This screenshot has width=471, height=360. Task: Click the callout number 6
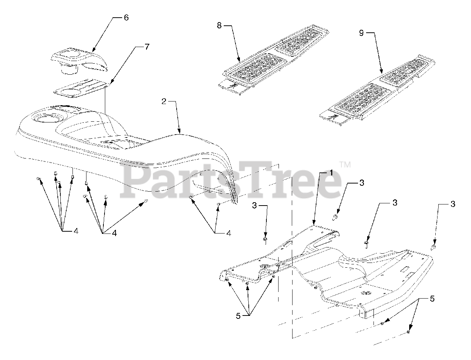[x=126, y=18]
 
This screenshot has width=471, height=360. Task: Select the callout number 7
[x=147, y=47]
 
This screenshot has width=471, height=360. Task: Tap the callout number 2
[x=164, y=101]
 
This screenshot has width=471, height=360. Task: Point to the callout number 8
[x=219, y=25]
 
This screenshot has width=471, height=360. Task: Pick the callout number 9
[x=361, y=33]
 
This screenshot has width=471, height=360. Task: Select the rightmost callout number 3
[x=453, y=204]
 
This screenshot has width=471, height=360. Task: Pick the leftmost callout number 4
[x=75, y=231]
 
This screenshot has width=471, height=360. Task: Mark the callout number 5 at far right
[x=432, y=299]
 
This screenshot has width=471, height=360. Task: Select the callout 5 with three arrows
[x=238, y=316]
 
